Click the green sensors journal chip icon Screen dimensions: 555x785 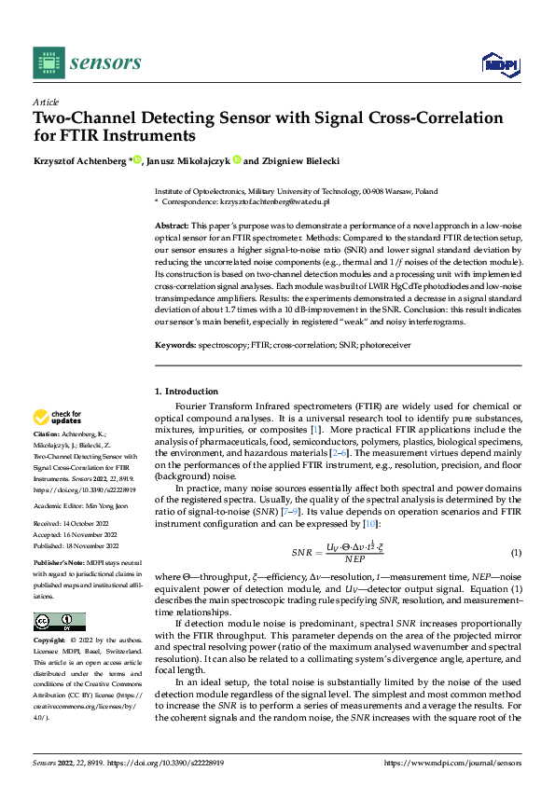coord(47,63)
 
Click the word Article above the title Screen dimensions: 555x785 coord(46,102)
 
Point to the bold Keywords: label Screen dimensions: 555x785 coord(174,345)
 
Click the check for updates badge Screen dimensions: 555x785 coord(59,417)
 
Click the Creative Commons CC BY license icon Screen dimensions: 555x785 coord(59,621)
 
